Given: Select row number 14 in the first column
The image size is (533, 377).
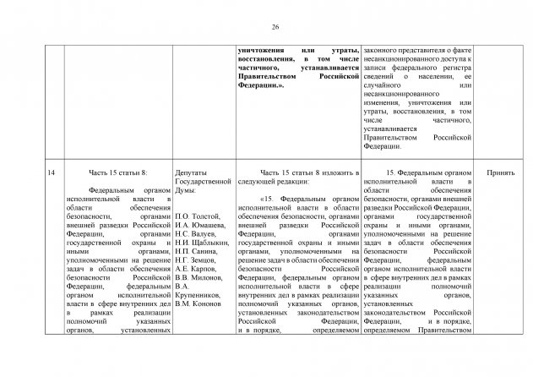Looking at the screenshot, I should point(52,172).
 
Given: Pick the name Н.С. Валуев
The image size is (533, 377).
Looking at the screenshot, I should point(194,238).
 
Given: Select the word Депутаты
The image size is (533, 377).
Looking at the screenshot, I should point(193,172).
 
